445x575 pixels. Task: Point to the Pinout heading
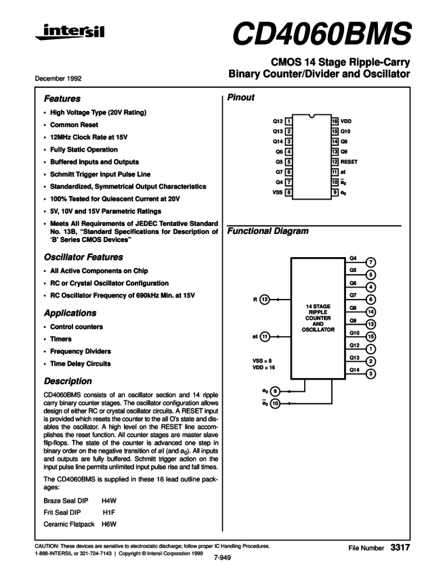[241, 97]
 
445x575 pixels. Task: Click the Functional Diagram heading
[268, 231]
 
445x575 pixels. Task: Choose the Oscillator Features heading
[83, 257]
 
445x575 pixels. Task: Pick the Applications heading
[70, 313]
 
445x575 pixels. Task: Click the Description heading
[68, 381]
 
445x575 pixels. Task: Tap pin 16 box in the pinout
[335, 120]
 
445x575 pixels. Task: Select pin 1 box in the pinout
[289, 120]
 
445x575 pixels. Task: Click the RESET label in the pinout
[349, 162]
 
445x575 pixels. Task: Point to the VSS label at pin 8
[276, 193]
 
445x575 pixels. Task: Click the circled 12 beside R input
[265, 299]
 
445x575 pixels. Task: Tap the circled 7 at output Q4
[370, 262]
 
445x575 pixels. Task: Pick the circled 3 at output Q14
[370, 373]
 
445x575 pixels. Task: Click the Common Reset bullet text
[74, 125]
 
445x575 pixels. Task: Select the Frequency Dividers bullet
[81, 351]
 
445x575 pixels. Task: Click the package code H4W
[109, 501]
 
